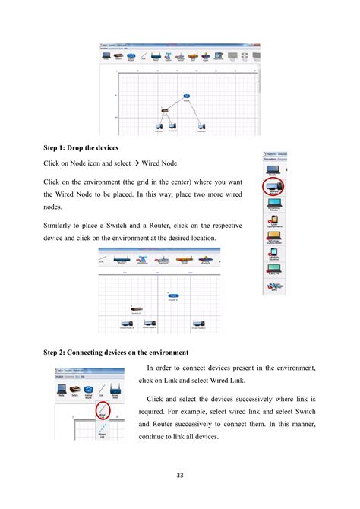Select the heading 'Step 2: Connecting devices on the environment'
pos(125,353)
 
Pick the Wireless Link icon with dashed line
pos(102,434)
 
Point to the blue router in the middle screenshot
pos(174,295)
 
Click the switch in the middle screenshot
pos(134,307)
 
